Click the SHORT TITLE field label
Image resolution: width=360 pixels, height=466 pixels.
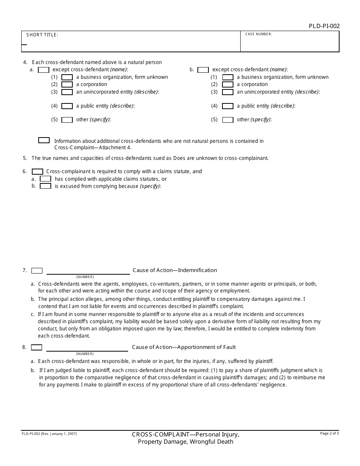[x=42, y=35]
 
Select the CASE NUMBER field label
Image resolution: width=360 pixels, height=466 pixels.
[x=258, y=34]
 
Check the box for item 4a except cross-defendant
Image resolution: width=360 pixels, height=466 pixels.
[x=44, y=70]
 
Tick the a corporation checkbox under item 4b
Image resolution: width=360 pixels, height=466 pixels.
[x=227, y=84]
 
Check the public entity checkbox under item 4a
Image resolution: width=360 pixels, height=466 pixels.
[x=67, y=106]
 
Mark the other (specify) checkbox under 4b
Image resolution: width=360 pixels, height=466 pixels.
[x=227, y=120]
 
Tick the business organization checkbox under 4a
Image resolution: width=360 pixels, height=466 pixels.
[x=67, y=77]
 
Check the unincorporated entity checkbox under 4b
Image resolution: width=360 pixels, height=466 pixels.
[x=227, y=92]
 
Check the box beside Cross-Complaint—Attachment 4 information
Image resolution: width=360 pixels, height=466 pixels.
[x=44, y=140]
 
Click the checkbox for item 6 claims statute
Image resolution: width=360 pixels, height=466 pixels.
[x=38, y=172]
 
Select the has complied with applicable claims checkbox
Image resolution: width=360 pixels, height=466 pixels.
[x=45, y=179]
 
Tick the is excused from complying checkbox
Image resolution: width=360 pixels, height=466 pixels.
[x=45, y=186]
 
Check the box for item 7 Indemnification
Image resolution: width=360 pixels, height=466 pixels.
[x=37, y=271]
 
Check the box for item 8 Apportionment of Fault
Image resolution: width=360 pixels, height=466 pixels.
[x=37, y=347]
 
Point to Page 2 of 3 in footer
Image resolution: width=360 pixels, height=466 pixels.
[x=329, y=433]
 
